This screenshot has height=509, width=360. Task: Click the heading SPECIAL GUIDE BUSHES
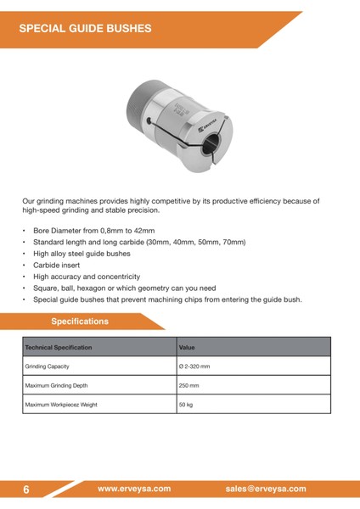(x=85, y=28)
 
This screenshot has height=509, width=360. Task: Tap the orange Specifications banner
(x=80, y=322)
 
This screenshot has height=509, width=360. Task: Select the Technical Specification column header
(x=58, y=348)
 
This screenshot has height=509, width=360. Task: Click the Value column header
(x=187, y=348)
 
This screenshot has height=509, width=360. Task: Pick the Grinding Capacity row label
(x=47, y=366)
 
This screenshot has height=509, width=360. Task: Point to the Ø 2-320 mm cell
(x=194, y=366)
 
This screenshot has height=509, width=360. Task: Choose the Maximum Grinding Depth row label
(x=56, y=385)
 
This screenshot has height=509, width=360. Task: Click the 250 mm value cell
(x=188, y=385)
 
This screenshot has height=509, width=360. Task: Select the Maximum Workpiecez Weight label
(x=61, y=405)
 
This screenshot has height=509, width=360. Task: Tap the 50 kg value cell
(x=186, y=405)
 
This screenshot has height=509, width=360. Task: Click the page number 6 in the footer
(x=26, y=489)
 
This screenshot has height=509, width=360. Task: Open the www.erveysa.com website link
(x=134, y=489)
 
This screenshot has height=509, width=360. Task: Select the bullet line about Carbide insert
(x=57, y=265)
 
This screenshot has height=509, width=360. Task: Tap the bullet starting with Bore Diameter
(x=93, y=230)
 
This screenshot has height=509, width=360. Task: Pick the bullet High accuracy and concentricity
(x=86, y=277)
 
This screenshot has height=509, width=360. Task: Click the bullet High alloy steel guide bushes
(x=82, y=253)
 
